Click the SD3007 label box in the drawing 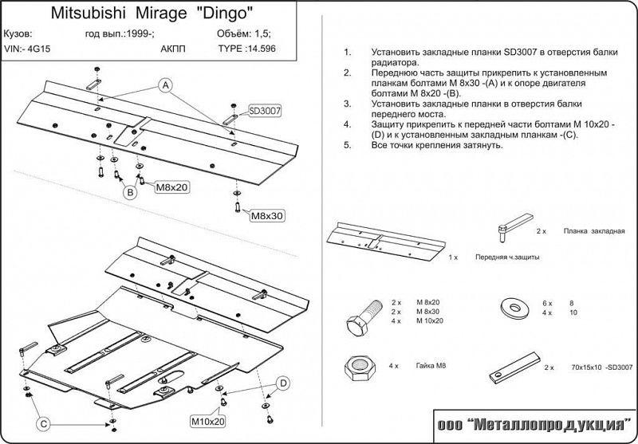266,111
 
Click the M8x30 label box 268,215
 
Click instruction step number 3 347,104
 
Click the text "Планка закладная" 593,230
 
